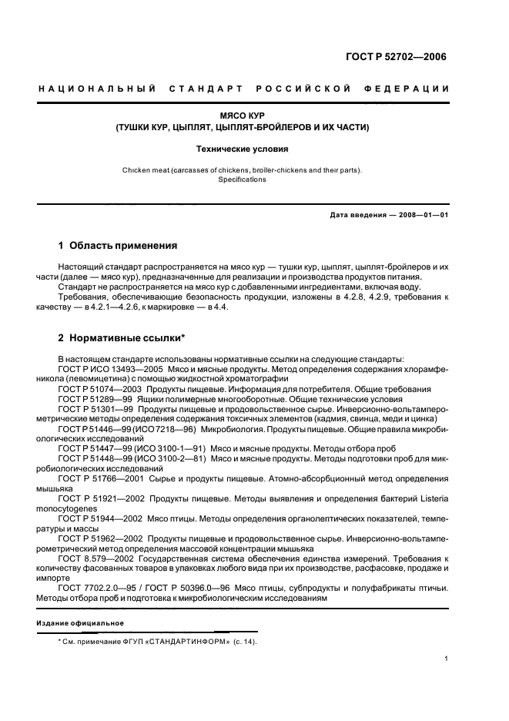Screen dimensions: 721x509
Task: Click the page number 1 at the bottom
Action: pyautogui.click(x=447, y=659)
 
